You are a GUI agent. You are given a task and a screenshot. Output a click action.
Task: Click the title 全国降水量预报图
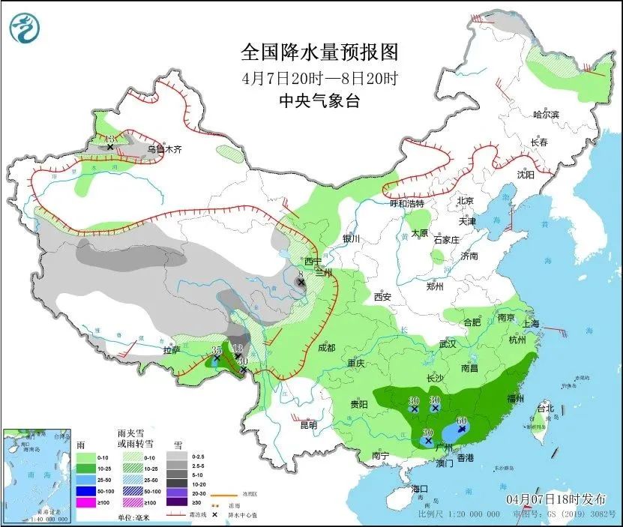318,52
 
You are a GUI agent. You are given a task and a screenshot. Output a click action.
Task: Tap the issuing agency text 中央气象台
318,101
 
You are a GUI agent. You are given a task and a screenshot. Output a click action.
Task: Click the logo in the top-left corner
25,28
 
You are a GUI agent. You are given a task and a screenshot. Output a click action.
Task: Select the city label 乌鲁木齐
163,149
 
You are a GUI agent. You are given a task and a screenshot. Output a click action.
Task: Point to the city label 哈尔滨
546,114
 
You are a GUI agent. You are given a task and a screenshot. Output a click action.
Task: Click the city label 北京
466,201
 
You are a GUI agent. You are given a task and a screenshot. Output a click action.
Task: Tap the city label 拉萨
172,350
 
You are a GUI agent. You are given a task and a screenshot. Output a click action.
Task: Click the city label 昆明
308,425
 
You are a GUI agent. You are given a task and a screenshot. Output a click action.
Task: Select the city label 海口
421,489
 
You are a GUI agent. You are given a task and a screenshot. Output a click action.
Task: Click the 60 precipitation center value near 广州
463,421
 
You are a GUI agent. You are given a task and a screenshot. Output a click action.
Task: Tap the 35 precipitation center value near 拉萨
216,350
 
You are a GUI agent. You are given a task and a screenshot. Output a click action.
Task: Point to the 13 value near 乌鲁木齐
109,139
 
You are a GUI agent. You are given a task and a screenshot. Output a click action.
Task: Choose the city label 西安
382,297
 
